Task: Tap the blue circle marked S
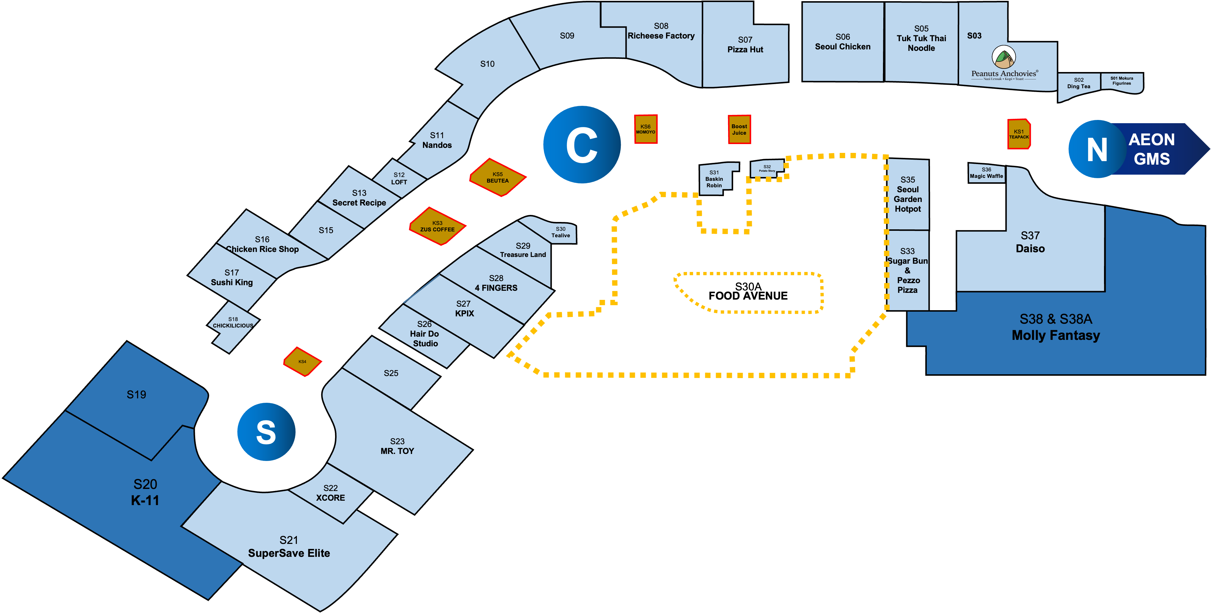[x=266, y=432]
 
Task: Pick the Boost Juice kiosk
[x=739, y=129]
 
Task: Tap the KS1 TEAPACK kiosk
[x=1019, y=134]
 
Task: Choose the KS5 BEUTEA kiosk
[x=497, y=177]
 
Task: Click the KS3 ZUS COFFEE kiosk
[x=437, y=226]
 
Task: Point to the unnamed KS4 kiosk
[x=302, y=362]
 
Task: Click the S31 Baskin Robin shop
[x=714, y=179]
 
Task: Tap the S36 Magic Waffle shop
[x=986, y=173]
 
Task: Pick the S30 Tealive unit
[x=560, y=232]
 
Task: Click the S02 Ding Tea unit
[x=1078, y=84]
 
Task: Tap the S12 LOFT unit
[x=399, y=179]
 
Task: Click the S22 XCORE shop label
[x=330, y=493]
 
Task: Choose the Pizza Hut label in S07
[x=745, y=49]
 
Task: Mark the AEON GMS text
[x=1151, y=149]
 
